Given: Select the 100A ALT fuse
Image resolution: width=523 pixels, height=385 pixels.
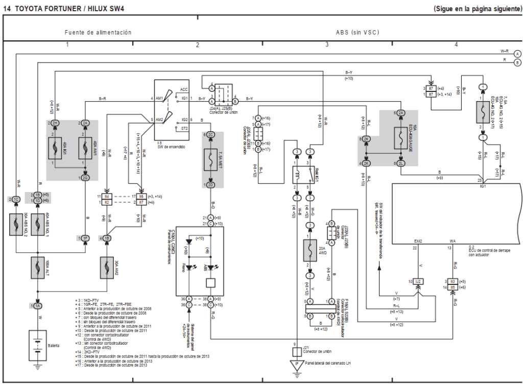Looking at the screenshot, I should [x=37, y=268].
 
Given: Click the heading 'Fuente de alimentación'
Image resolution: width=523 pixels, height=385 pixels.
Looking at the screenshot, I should [x=98, y=33].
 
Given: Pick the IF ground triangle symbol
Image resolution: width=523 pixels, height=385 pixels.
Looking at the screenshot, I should [x=295, y=364].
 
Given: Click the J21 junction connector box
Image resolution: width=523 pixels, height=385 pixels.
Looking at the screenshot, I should [x=295, y=352].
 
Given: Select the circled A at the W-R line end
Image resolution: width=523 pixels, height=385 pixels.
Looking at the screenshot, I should [x=517, y=54].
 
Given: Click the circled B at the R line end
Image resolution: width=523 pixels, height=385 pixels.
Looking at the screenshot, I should [x=517, y=62].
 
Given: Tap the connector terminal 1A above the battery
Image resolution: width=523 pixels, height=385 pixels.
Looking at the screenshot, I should [x=37, y=305].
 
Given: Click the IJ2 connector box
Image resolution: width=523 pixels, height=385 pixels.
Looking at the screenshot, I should [x=418, y=281].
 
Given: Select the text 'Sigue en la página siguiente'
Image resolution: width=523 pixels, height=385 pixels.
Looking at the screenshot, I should [x=477, y=9].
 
